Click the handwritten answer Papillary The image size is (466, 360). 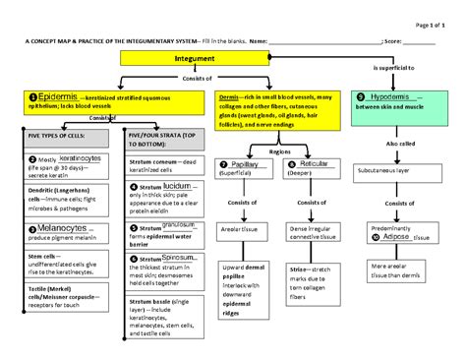(x=251, y=164)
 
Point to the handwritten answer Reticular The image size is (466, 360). (x=316, y=164)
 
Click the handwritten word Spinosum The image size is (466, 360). (x=179, y=257)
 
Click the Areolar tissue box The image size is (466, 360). (x=244, y=227)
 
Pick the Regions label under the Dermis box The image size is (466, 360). (x=280, y=152)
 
